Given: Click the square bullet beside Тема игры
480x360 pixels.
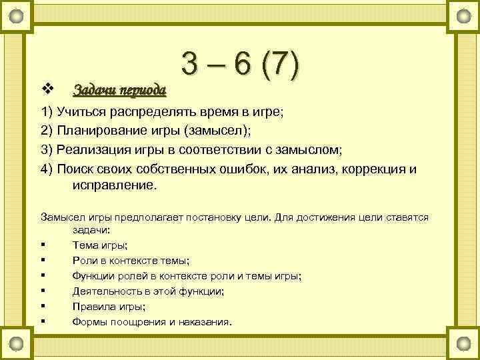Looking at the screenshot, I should (x=43, y=245).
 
